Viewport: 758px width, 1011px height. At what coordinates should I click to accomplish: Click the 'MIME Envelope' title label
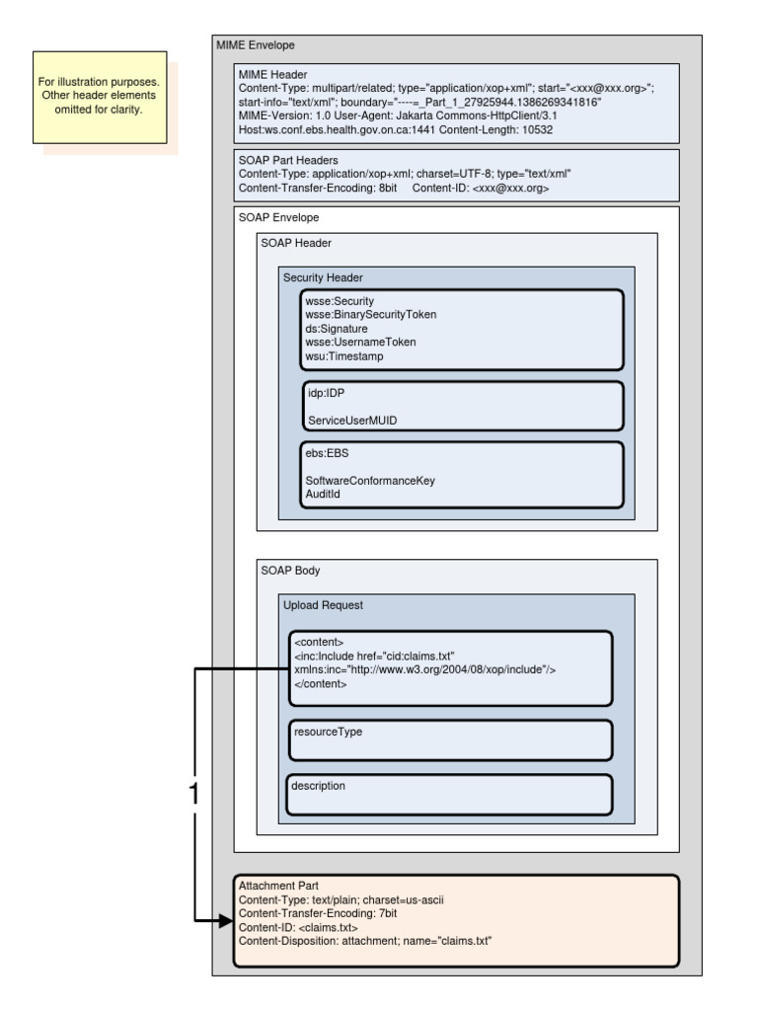tap(256, 45)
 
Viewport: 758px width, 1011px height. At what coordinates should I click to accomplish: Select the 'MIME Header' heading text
tap(273, 73)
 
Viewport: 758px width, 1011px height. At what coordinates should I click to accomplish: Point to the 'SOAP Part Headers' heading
tap(289, 160)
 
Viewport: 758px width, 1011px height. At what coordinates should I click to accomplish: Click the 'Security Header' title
tap(325, 278)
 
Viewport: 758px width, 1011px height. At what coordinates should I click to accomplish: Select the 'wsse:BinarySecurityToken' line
tap(371, 314)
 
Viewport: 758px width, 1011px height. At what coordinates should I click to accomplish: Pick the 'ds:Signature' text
tap(337, 328)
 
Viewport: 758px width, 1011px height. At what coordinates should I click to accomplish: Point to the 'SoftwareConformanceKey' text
tap(370, 480)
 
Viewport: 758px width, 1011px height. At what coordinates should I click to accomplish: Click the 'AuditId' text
tap(323, 493)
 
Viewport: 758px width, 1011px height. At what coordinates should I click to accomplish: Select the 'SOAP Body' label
tap(290, 571)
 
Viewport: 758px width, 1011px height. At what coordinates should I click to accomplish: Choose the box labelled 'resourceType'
tap(450, 739)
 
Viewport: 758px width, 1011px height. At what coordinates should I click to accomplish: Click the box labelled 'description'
tap(450, 794)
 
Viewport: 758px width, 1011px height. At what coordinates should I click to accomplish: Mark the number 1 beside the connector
tap(194, 794)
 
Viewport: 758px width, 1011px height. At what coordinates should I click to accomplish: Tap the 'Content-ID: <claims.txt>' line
tap(298, 927)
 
